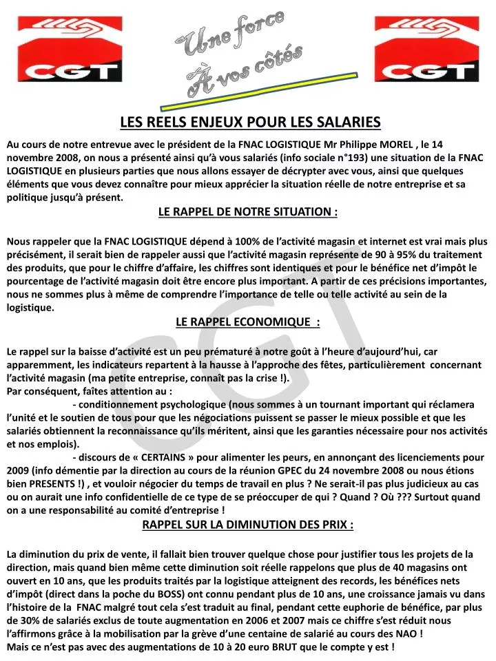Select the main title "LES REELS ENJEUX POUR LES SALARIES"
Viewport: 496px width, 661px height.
point(250,123)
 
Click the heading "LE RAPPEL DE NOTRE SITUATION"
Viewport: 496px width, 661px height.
point(247,212)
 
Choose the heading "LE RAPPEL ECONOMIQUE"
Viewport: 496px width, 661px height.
point(247,322)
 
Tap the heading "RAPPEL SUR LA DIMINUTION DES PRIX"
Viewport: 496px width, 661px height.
point(247,525)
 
